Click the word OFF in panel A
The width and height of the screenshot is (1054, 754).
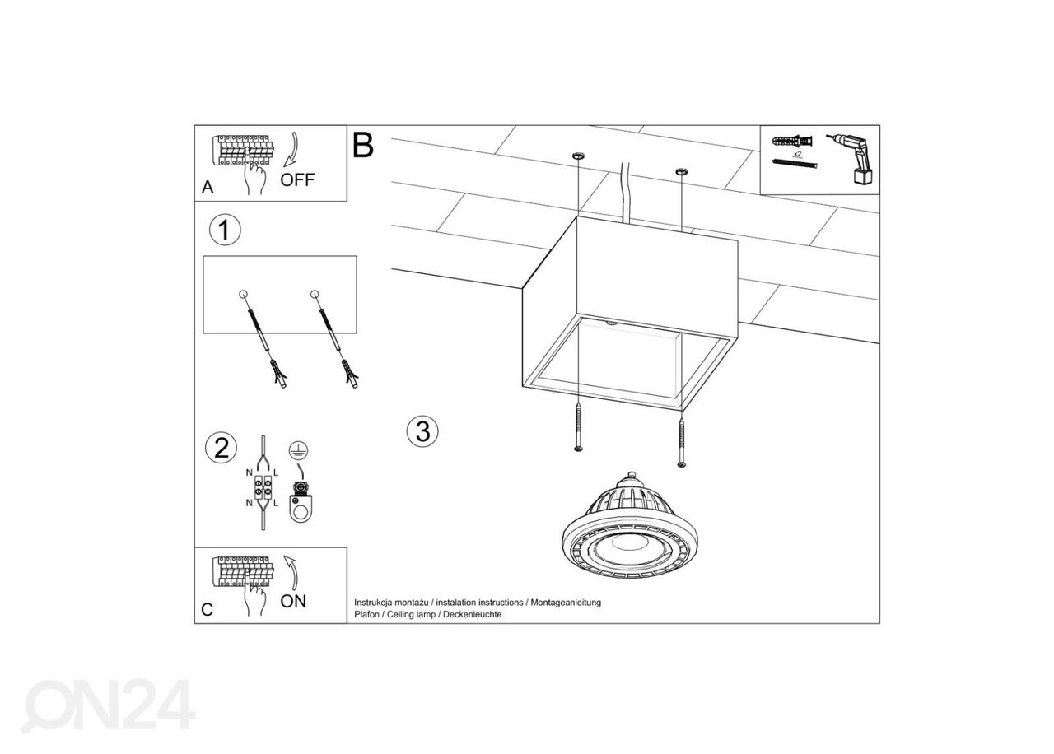tap(297, 179)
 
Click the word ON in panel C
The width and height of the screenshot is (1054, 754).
tap(293, 601)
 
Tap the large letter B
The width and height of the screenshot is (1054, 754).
tap(362, 145)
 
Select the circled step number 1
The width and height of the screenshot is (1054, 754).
tap(225, 230)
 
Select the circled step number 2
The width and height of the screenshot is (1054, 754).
tap(221, 448)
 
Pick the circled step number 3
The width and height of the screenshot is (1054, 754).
tap(422, 431)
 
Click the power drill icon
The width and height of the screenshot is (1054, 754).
tap(853, 158)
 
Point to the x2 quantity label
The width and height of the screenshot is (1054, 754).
tap(797, 154)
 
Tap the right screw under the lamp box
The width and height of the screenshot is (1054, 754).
tap(681, 442)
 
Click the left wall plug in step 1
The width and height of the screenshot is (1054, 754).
tap(266, 342)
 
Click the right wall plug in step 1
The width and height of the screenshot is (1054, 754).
tap(337, 342)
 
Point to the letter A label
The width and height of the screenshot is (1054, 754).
tap(208, 188)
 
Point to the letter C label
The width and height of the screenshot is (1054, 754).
tap(208, 610)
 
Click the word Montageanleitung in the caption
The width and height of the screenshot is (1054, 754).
tap(566, 603)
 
